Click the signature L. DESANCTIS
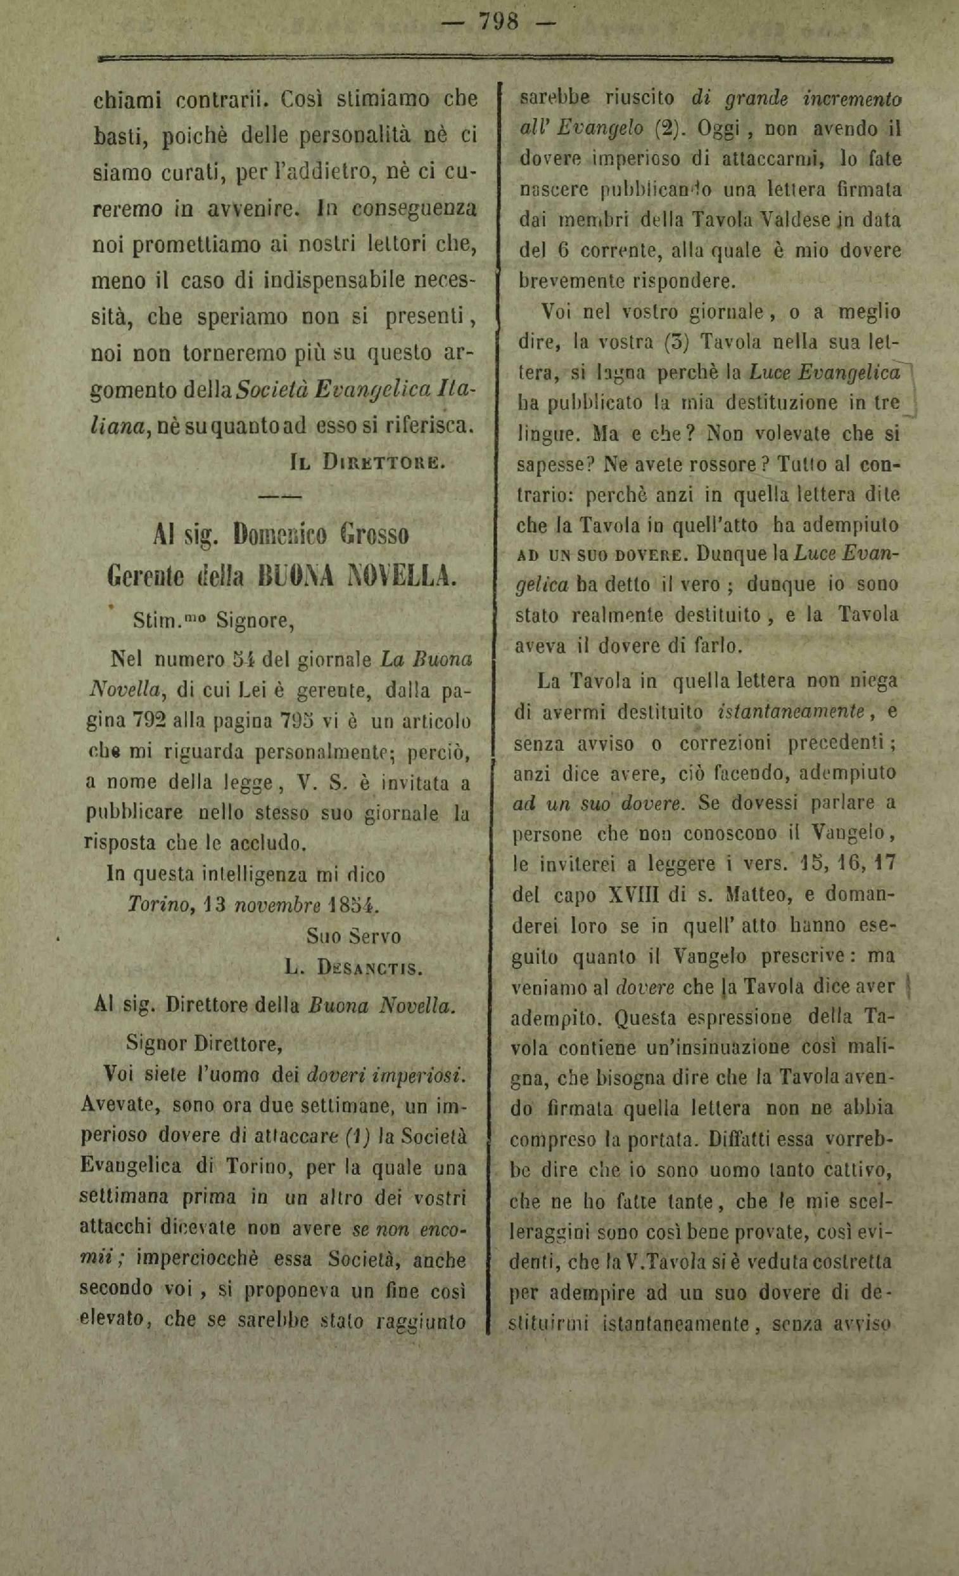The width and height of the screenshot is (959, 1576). [x=353, y=968]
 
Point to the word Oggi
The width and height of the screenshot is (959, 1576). [x=717, y=129]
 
